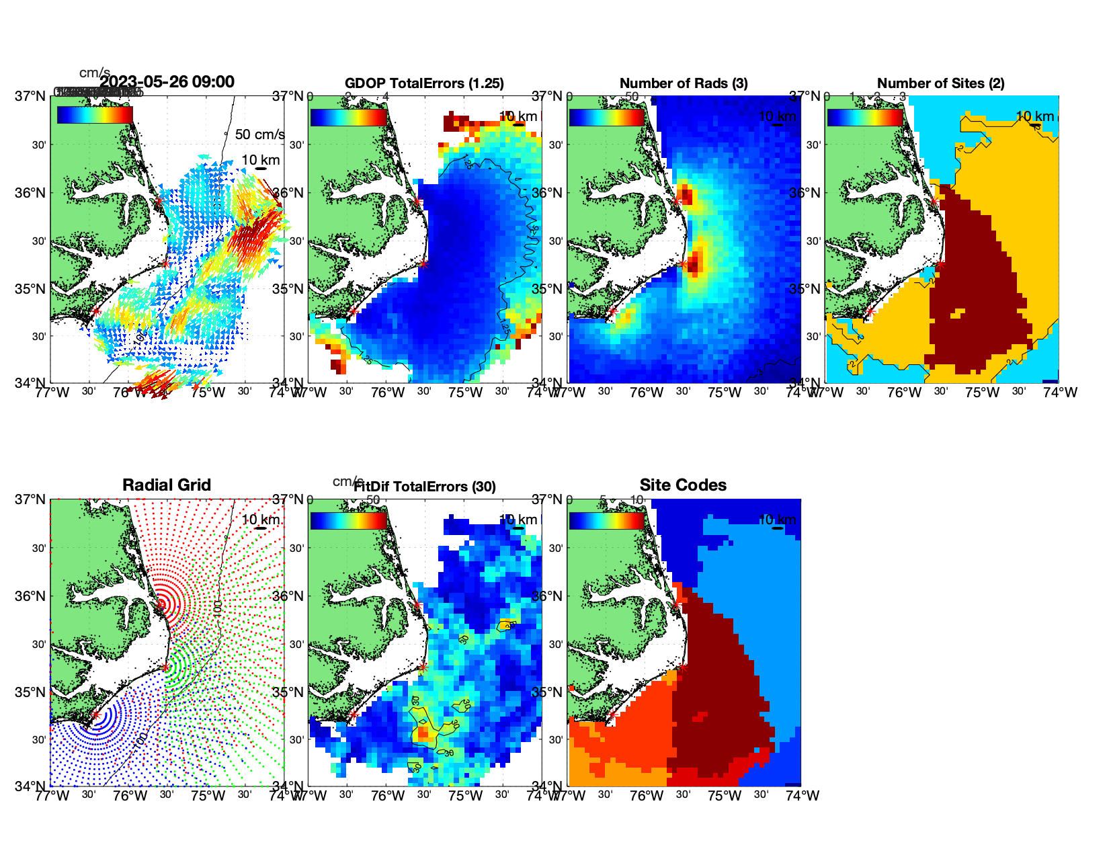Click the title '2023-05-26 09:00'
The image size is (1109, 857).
point(167,82)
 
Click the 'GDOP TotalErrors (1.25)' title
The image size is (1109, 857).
point(424,83)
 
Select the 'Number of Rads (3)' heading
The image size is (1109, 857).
point(684,83)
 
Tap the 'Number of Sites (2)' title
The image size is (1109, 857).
point(940,83)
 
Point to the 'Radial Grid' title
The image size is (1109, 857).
point(167,485)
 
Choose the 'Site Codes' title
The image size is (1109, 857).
point(683,485)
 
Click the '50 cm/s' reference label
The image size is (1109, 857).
point(259,134)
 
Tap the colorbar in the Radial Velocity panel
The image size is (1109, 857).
point(95,116)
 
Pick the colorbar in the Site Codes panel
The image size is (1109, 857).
point(606,521)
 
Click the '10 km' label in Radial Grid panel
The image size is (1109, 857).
point(260,520)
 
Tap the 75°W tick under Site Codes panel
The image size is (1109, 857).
point(725,796)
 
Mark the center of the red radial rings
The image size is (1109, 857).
point(161,604)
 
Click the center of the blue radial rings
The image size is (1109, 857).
point(95,715)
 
